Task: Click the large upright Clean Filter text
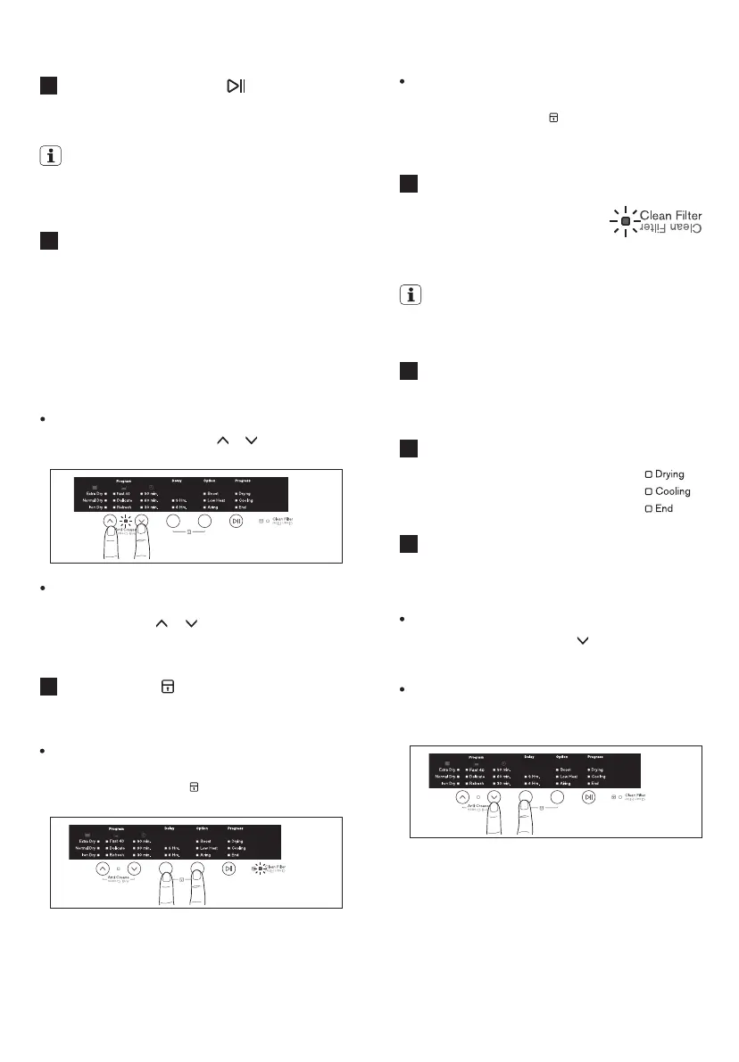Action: pos(671,215)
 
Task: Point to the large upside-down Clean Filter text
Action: pos(671,229)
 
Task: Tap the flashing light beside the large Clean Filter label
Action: pos(626,220)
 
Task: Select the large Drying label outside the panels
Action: pos(669,474)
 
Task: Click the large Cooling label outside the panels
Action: pos(672,491)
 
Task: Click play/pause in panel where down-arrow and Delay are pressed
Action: pos(589,796)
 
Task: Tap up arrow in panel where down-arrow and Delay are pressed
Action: pos(462,796)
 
